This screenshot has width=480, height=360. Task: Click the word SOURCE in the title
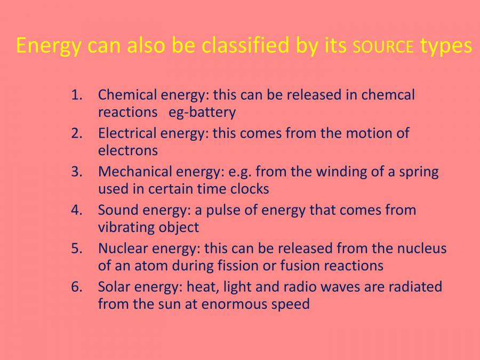coord(383,47)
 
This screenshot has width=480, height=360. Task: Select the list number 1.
coord(77,95)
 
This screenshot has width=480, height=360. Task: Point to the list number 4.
coord(77,210)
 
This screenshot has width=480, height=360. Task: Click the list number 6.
coord(77,287)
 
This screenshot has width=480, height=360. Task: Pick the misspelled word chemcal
coord(388,95)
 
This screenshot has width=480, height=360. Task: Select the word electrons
coord(128,151)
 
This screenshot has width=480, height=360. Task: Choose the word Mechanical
coord(131,172)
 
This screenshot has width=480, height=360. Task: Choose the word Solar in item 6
coord(113,287)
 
